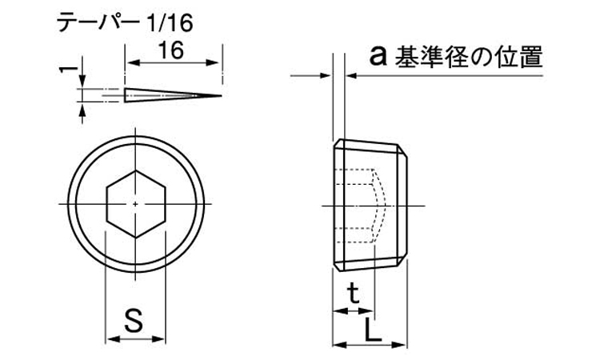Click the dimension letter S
coord(134,320)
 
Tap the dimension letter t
coord(354,294)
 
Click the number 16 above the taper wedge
coord(171,50)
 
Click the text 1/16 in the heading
coord(170,24)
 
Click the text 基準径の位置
coord(469,57)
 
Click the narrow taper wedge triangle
coord(173,95)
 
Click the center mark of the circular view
coord(135,204)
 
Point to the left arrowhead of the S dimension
coord(111,338)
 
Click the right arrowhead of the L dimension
coord(401,345)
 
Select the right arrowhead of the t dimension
coord(368,310)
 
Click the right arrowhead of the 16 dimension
coord(214,62)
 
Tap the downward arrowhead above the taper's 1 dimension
coord(82,82)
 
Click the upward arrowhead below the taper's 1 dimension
coord(82,109)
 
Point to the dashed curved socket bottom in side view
coord(380,206)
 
